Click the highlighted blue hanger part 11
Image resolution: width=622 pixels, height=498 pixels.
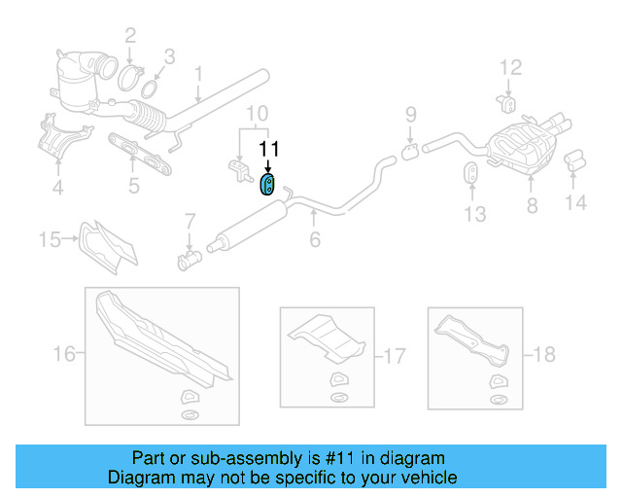[x=267, y=184]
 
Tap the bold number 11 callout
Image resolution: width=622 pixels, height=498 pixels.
[x=268, y=149]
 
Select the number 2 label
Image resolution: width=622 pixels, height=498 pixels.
[x=130, y=37]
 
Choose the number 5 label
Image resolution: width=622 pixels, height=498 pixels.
[x=133, y=184]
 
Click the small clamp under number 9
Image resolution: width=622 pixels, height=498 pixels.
[x=410, y=151]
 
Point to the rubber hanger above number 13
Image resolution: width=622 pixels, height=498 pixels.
[x=467, y=175]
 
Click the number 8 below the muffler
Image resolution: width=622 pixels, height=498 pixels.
[x=531, y=205]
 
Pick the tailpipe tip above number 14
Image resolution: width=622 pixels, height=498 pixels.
[x=574, y=158]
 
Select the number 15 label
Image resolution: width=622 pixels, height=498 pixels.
[x=50, y=237]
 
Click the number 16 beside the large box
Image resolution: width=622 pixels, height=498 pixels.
[x=63, y=354]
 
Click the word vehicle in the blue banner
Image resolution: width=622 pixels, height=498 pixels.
[x=427, y=479]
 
